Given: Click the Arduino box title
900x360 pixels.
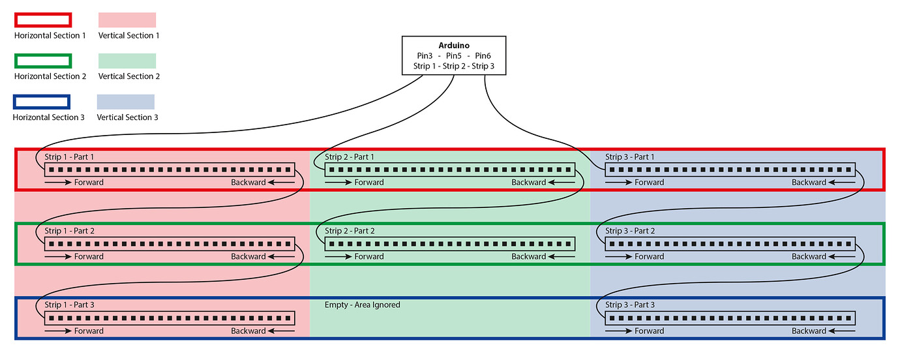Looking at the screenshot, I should pyautogui.click(x=453, y=46).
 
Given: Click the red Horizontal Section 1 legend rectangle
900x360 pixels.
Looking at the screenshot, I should pyautogui.click(x=42, y=20).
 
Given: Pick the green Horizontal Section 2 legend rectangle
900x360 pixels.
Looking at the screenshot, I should pyautogui.click(x=42, y=61).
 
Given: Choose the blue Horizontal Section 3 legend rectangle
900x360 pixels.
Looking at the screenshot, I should pyautogui.click(x=41, y=102).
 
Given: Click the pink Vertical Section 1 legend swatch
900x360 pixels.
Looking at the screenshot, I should pyautogui.click(x=127, y=20).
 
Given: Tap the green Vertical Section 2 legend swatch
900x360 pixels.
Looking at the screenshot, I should pyautogui.click(x=127, y=61).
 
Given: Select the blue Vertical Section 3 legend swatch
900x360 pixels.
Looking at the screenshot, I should pyautogui.click(x=126, y=102).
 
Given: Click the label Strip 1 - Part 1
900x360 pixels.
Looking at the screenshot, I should pyautogui.click(x=69, y=157).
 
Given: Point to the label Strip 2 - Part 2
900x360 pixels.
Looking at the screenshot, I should pyautogui.click(x=350, y=232).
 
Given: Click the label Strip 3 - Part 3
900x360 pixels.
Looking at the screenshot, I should pyautogui.click(x=630, y=305).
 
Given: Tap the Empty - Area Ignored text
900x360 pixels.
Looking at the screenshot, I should pyautogui.click(x=363, y=305).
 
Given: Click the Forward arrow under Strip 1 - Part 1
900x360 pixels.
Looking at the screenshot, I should pyautogui.click(x=58, y=183).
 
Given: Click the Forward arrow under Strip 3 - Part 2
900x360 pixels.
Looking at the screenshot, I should pyautogui.click(x=619, y=257).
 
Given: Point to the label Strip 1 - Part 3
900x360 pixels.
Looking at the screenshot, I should pyautogui.click(x=69, y=305).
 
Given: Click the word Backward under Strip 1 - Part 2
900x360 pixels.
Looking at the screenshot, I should pyautogui.click(x=248, y=257).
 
